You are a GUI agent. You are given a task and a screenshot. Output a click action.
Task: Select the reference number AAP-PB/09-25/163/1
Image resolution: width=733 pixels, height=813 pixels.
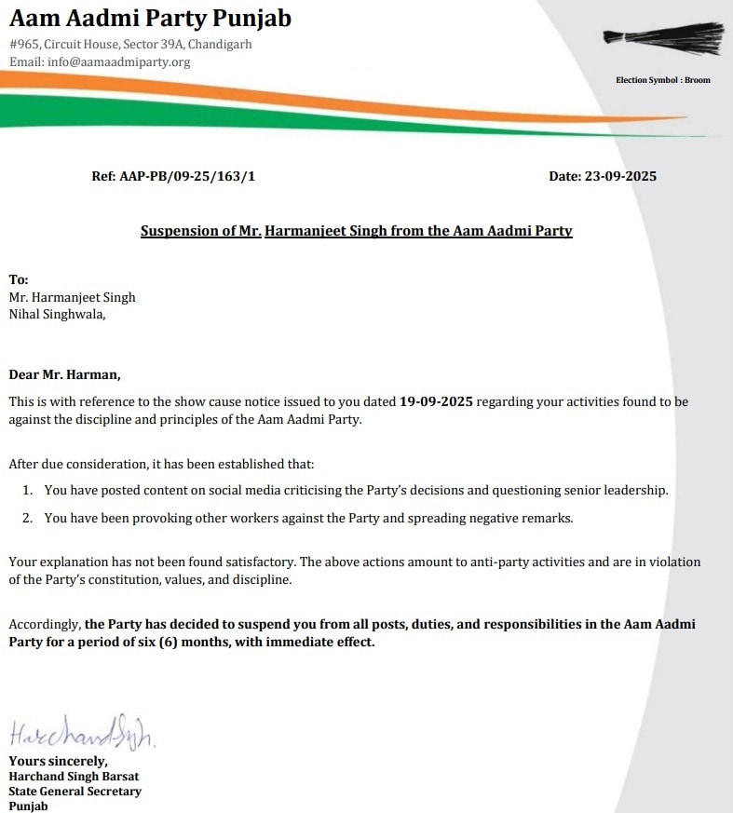coord(187,175)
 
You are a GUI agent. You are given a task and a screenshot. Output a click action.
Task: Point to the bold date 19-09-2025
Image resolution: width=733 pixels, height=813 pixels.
coord(437,401)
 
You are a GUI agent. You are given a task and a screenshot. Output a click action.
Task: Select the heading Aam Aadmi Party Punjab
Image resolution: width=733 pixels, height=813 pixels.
coord(150,18)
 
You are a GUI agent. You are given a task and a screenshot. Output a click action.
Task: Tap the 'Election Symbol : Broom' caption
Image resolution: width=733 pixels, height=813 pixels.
coord(662,80)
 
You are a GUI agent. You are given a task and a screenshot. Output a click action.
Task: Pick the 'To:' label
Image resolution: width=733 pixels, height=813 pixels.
coord(19,279)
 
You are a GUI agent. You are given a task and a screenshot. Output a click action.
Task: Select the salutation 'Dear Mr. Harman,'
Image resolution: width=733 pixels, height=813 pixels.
coord(65,375)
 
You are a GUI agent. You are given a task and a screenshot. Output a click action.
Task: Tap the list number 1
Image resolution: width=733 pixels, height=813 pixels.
coord(28,490)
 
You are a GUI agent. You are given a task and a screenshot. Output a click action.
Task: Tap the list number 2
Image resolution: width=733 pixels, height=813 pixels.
coord(28,518)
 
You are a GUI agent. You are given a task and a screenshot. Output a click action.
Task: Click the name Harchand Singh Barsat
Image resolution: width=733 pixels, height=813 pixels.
coord(74,776)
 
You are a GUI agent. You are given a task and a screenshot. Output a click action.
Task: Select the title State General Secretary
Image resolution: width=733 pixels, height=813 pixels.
coord(75,792)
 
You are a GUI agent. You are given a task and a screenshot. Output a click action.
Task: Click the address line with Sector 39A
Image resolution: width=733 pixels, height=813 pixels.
coord(130,45)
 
